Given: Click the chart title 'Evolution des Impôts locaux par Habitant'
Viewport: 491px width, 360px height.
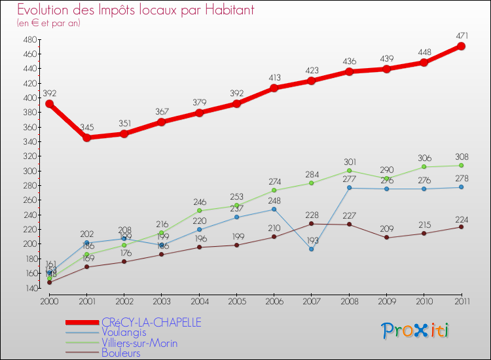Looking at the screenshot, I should pyautogui.click(x=136, y=10).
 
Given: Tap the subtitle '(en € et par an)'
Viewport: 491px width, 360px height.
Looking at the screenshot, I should pyautogui.click(x=48, y=23).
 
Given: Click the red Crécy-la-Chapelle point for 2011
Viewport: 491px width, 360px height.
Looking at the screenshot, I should pyautogui.click(x=461, y=46).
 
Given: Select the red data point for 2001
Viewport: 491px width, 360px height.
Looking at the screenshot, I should pyautogui.click(x=86, y=137).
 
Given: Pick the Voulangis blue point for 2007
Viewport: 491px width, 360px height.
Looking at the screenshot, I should pyautogui.click(x=311, y=249).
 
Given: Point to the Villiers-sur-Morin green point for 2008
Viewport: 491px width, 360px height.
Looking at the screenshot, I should pyautogui.click(x=349, y=170).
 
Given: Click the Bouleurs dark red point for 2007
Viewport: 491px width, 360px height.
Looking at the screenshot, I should pyautogui.click(x=311, y=223).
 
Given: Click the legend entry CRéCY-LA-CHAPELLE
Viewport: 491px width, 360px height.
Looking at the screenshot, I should pyautogui.click(x=151, y=322).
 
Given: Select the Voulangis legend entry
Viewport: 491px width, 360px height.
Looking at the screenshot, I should pyautogui.click(x=123, y=333).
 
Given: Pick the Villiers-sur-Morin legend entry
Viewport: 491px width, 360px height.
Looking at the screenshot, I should pyautogui.click(x=139, y=343).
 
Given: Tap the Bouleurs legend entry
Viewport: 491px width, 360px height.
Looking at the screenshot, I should pyautogui.click(x=120, y=353).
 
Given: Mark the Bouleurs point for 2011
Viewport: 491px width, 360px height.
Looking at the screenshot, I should pyautogui.click(x=461, y=226).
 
